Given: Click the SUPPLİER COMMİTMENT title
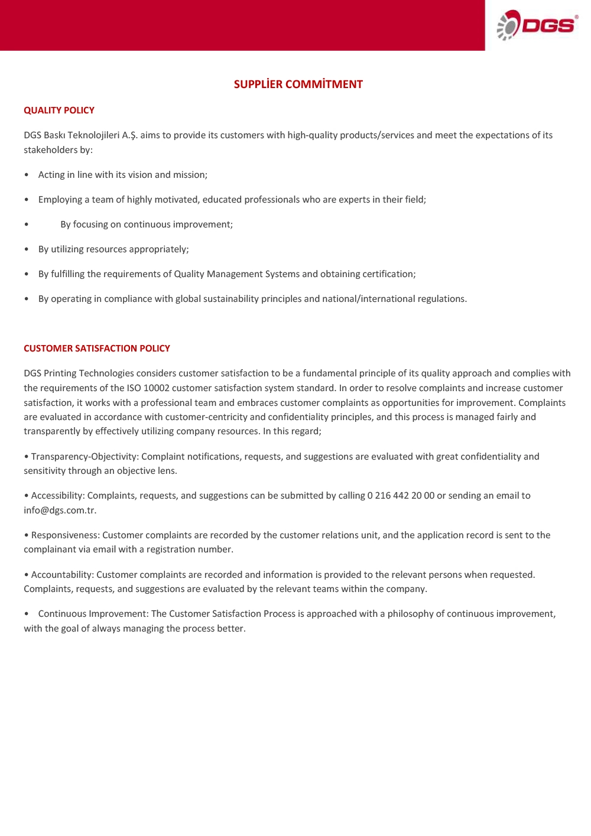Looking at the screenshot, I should pos(298,84).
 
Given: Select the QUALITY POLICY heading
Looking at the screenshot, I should pos(59,110).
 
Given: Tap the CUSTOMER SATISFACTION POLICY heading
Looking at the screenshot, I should pos(97,349).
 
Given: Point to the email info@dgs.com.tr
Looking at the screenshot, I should pos(60,510).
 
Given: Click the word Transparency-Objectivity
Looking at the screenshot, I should pos(85,457).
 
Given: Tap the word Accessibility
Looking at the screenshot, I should pos(58,496).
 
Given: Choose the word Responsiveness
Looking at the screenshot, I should pos(65,535).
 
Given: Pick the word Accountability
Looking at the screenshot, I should pos(62,575).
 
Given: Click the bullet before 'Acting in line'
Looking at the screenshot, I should pos(27,175).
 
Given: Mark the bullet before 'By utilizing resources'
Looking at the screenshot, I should pos(27,249).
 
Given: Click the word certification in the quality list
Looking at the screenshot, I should pos(388,274).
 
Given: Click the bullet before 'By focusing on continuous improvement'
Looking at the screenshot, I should pos(27,225).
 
